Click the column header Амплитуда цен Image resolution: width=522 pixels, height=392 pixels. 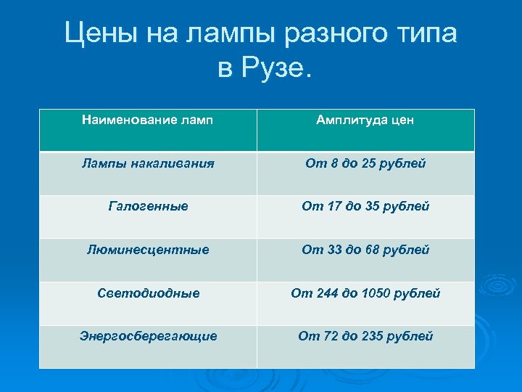[x=365, y=120]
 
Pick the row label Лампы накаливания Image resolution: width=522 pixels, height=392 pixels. [x=148, y=163]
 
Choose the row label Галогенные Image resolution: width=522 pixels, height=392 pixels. [x=148, y=206]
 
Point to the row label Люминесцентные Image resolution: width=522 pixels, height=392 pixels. [x=148, y=250]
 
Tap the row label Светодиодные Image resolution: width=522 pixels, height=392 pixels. [x=148, y=293]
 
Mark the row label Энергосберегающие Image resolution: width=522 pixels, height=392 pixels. [x=148, y=336]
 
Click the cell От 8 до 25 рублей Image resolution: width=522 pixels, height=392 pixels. [x=365, y=163]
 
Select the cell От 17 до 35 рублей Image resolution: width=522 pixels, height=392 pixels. [x=365, y=206]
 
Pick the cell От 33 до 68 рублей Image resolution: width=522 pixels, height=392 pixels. [x=365, y=250]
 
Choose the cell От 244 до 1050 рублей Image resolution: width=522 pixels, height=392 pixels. [x=365, y=293]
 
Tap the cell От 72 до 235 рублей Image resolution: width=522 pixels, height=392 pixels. [x=365, y=336]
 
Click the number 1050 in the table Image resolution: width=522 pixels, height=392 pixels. [x=378, y=293]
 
